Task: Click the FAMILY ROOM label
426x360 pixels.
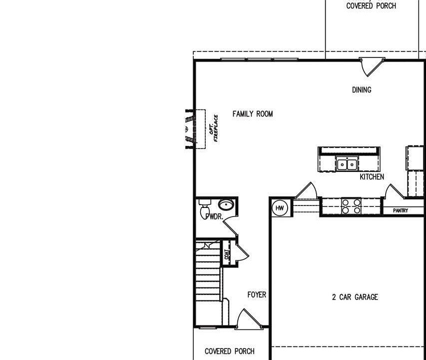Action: click(253, 114)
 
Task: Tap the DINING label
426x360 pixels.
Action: click(362, 90)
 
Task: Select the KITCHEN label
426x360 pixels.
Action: click(372, 177)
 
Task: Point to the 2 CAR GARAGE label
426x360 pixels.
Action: click(355, 297)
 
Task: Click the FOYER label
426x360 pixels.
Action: click(257, 295)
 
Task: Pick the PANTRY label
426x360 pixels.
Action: click(401, 211)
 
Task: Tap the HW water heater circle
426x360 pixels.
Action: click(280, 208)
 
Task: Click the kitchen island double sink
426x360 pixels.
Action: click(347, 163)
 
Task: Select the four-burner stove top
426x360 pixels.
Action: click(351, 206)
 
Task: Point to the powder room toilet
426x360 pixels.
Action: click(204, 206)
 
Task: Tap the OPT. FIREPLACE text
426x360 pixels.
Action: click(213, 128)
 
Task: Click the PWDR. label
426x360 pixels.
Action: click(213, 216)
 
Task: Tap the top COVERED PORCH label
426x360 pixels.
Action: click(371, 6)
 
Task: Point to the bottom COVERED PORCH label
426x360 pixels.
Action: click(229, 351)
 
